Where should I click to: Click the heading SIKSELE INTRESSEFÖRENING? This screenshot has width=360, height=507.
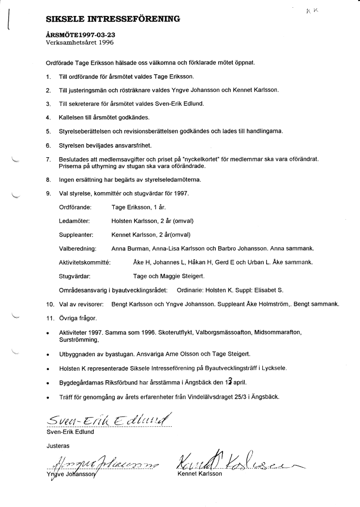113,19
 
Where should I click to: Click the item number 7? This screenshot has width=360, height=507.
48,159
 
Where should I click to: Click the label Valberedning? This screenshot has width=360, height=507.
77,248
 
